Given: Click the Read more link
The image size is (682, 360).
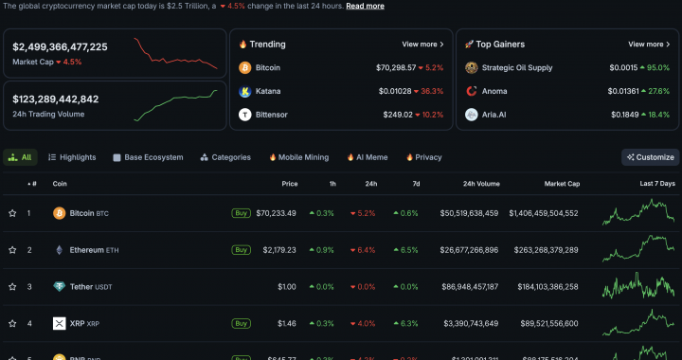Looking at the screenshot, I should pyautogui.click(x=365, y=6).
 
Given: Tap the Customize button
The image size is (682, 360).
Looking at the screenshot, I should pyautogui.click(x=650, y=157).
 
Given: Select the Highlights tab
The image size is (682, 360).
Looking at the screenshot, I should pyautogui.click(x=72, y=157).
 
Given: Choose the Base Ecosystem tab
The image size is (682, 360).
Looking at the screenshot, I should pyautogui.click(x=148, y=157).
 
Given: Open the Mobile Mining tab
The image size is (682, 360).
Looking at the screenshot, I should pyautogui.click(x=298, y=157).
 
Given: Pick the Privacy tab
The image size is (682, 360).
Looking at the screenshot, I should pyautogui.click(x=423, y=157).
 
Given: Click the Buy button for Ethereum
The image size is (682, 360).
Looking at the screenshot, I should pyautogui.click(x=242, y=250).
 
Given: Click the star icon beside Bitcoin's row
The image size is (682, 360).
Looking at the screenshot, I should pyautogui.click(x=12, y=213).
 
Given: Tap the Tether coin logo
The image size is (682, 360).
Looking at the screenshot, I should pyautogui.click(x=59, y=287).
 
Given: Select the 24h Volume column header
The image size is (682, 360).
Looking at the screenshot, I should pyautogui.click(x=480, y=184).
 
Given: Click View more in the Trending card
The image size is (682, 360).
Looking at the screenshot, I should pyautogui.click(x=422, y=44).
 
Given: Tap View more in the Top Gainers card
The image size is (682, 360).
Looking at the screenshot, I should pyautogui.click(x=649, y=44).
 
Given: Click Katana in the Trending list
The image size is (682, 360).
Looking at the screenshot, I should pyautogui.click(x=268, y=91).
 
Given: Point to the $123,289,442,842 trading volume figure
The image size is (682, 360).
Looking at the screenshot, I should pyautogui.click(x=56, y=99).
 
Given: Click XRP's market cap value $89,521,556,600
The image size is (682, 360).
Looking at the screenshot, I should pyautogui.click(x=543, y=323).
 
